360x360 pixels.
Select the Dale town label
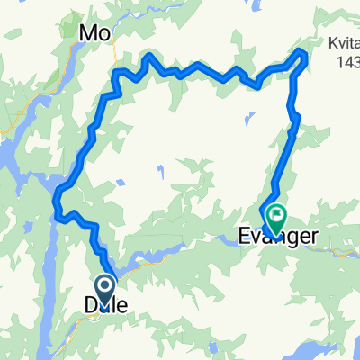pos(105,307)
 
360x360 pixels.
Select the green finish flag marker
pos(275,217)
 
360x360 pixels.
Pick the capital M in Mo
pos(90,33)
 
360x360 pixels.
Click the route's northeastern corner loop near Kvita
pos(301,58)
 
